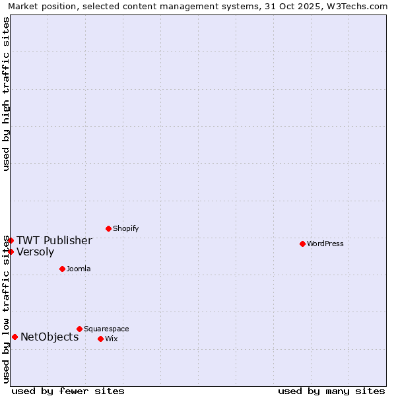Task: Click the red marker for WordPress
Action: pos(302,244)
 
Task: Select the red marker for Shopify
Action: pos(108,228)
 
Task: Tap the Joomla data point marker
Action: pos(62,269)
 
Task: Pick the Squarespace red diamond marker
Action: pos(79,329)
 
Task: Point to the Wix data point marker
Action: pos(100,339)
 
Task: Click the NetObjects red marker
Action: pos(15,337)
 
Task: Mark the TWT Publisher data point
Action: pos(11,240)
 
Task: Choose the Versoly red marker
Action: pos(11,251)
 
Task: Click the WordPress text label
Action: pos(325,244)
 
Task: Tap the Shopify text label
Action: pos(125,228)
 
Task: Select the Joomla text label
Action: pos(79,269)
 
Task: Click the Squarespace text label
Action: pos(106,329)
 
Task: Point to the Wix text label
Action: pos(111,339)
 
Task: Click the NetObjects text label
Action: pos(49,337)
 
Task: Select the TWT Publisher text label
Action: pos(54,240)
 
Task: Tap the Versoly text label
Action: pos(35,251)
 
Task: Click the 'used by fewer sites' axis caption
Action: pos(68,391)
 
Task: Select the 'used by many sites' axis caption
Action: pos(331,391)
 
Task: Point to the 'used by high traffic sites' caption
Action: pos(6,94)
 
